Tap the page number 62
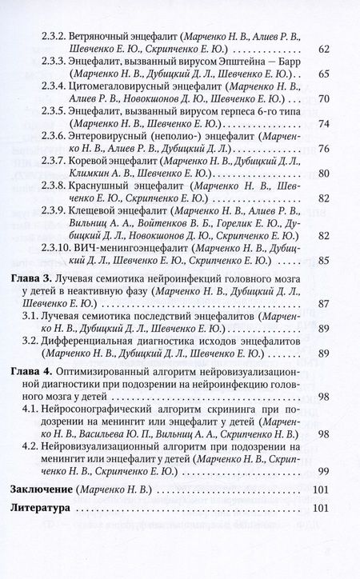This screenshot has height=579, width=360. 323,50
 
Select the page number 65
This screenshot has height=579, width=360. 323,74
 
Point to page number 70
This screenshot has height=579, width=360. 323,99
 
